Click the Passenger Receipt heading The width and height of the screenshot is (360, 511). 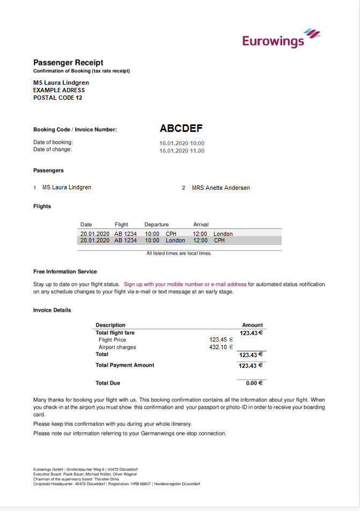pos(68,62)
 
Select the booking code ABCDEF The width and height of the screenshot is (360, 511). pos(181,129)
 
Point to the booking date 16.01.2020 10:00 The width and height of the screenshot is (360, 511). pos(182,143)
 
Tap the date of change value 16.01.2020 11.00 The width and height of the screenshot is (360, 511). pos(182,151)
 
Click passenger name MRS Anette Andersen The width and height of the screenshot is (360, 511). pos(221,188)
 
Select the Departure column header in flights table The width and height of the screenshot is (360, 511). pos(156,224)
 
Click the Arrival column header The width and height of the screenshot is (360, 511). pos(201,224)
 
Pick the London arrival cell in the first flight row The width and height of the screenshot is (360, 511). pos(223,234)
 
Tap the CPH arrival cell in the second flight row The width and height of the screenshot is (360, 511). pos(219,241)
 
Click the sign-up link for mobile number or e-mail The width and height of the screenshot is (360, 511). pos(185,284)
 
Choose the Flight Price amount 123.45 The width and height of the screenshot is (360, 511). pos(221,340)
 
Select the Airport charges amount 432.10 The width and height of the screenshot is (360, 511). pos(221,347)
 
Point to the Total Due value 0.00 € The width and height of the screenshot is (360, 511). pos(254,383)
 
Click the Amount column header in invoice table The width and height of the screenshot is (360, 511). pos(252,325)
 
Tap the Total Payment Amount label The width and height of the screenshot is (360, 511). pos(124,365)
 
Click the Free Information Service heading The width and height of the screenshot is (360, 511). pos(65,271)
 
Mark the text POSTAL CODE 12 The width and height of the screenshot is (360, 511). pos(58,98)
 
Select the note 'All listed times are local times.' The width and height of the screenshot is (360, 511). pos(179,253)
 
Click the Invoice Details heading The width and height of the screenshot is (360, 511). pos(52,310)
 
